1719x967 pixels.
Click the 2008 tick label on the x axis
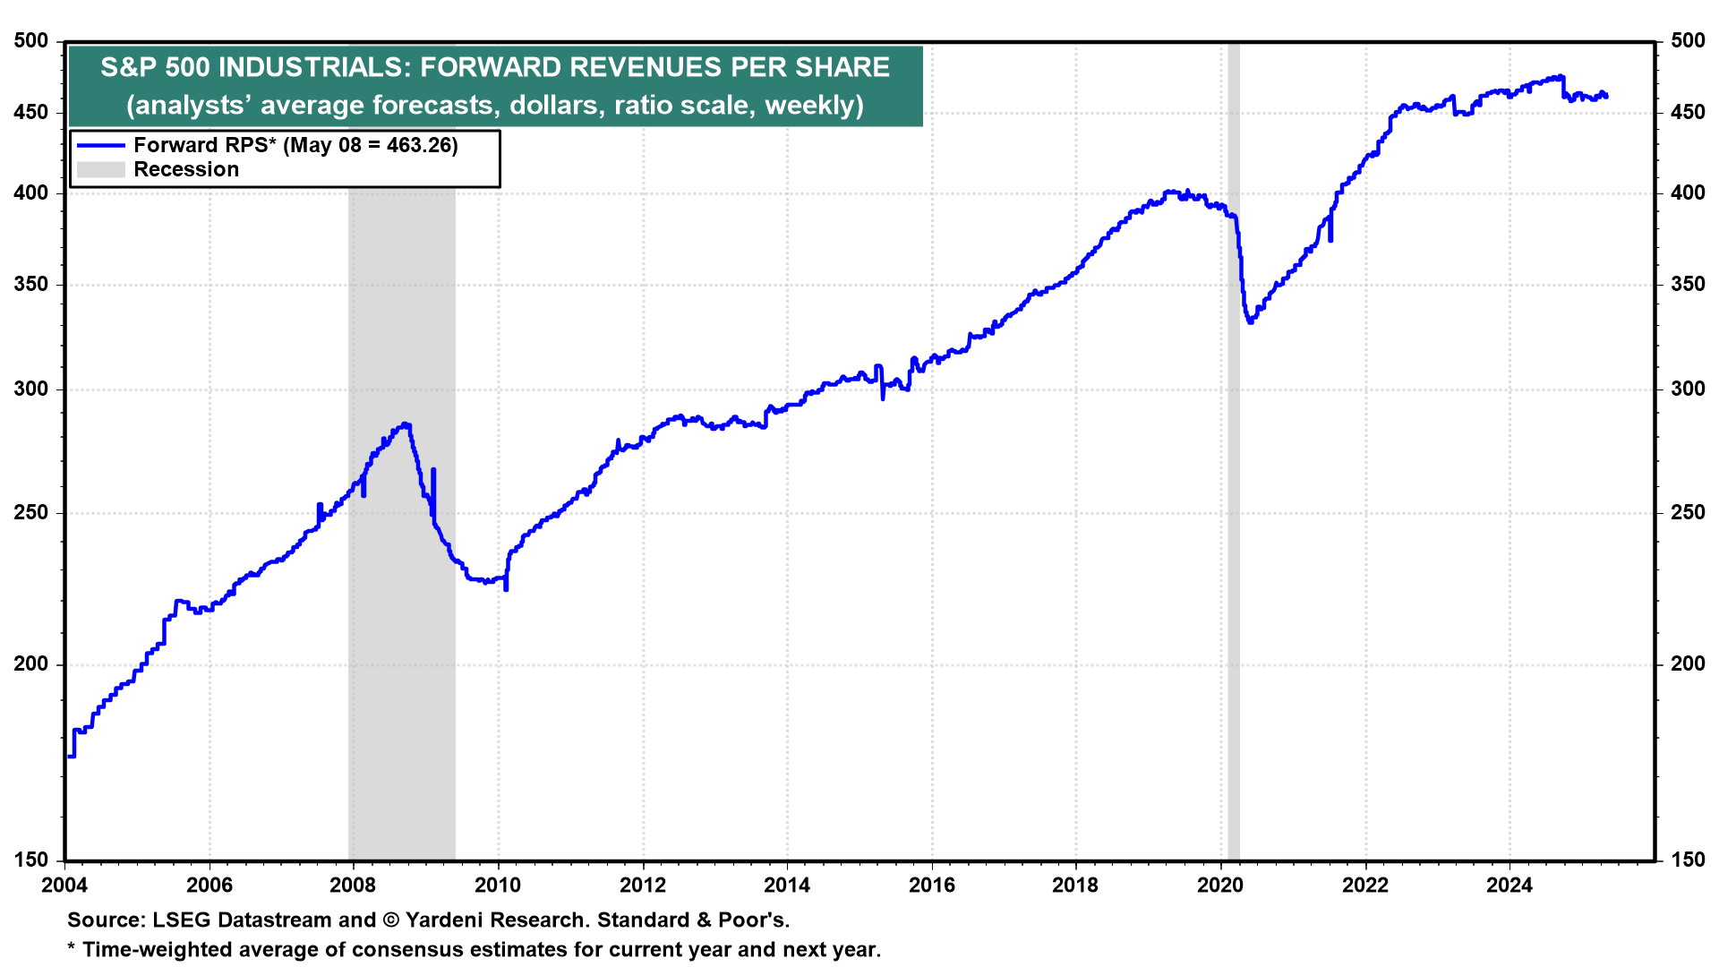pyautogui.click(x=353, y=886)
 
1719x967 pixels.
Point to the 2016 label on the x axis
pyautogui.click(x=931, y=886)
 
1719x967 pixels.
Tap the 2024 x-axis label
pyautogui.click(x=1509, y=886)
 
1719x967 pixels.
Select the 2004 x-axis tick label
pyautogui.click(x=64, y=886)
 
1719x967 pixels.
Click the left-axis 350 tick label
pyautogui.click(x=31, y=285)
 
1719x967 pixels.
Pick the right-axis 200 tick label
pyautogui.click(x=1688, y=663)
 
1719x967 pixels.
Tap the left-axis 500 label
pyautogui.click(x=31, y=40)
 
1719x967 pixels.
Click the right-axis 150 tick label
pyautogui.click(x=1688, y=860)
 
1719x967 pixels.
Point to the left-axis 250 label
pyautogui.click(x=31, y=512)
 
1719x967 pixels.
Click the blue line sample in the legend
pyautogui.click(x=100, y=145)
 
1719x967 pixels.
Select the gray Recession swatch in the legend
pyautogui.click(x=100, y=169)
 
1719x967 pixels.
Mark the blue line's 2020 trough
pyautogui.click(x=1251, y=321)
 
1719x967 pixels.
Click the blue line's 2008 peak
pyautogui.click(x=406, y=424)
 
